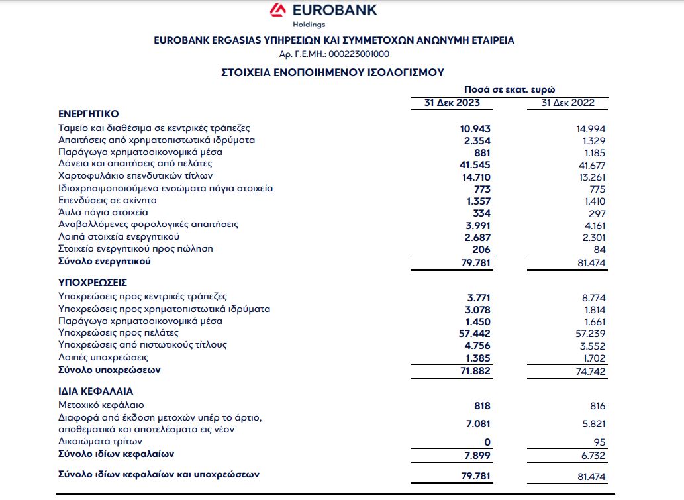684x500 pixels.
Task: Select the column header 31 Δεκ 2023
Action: pos(452,103)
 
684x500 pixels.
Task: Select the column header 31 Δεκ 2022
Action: pos(567,103)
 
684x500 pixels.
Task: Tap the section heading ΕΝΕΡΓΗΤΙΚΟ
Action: pos(88,113)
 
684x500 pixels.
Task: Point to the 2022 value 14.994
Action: pos(591,128)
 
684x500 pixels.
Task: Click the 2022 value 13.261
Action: pos(591,177)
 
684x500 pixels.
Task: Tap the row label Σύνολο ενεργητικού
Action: pos(105,262)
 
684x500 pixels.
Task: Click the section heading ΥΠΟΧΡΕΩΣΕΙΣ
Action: pos(91,283)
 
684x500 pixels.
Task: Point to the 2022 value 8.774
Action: pos(593,297)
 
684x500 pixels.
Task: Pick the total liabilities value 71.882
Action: pos(474,371)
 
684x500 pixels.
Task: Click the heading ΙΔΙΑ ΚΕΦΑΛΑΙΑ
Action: pos(95,391)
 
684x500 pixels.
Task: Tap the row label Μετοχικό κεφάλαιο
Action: pos(101,405)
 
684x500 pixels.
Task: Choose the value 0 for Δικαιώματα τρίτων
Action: pos(487,442)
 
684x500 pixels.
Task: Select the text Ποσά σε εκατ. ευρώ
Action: pos(510,89)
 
